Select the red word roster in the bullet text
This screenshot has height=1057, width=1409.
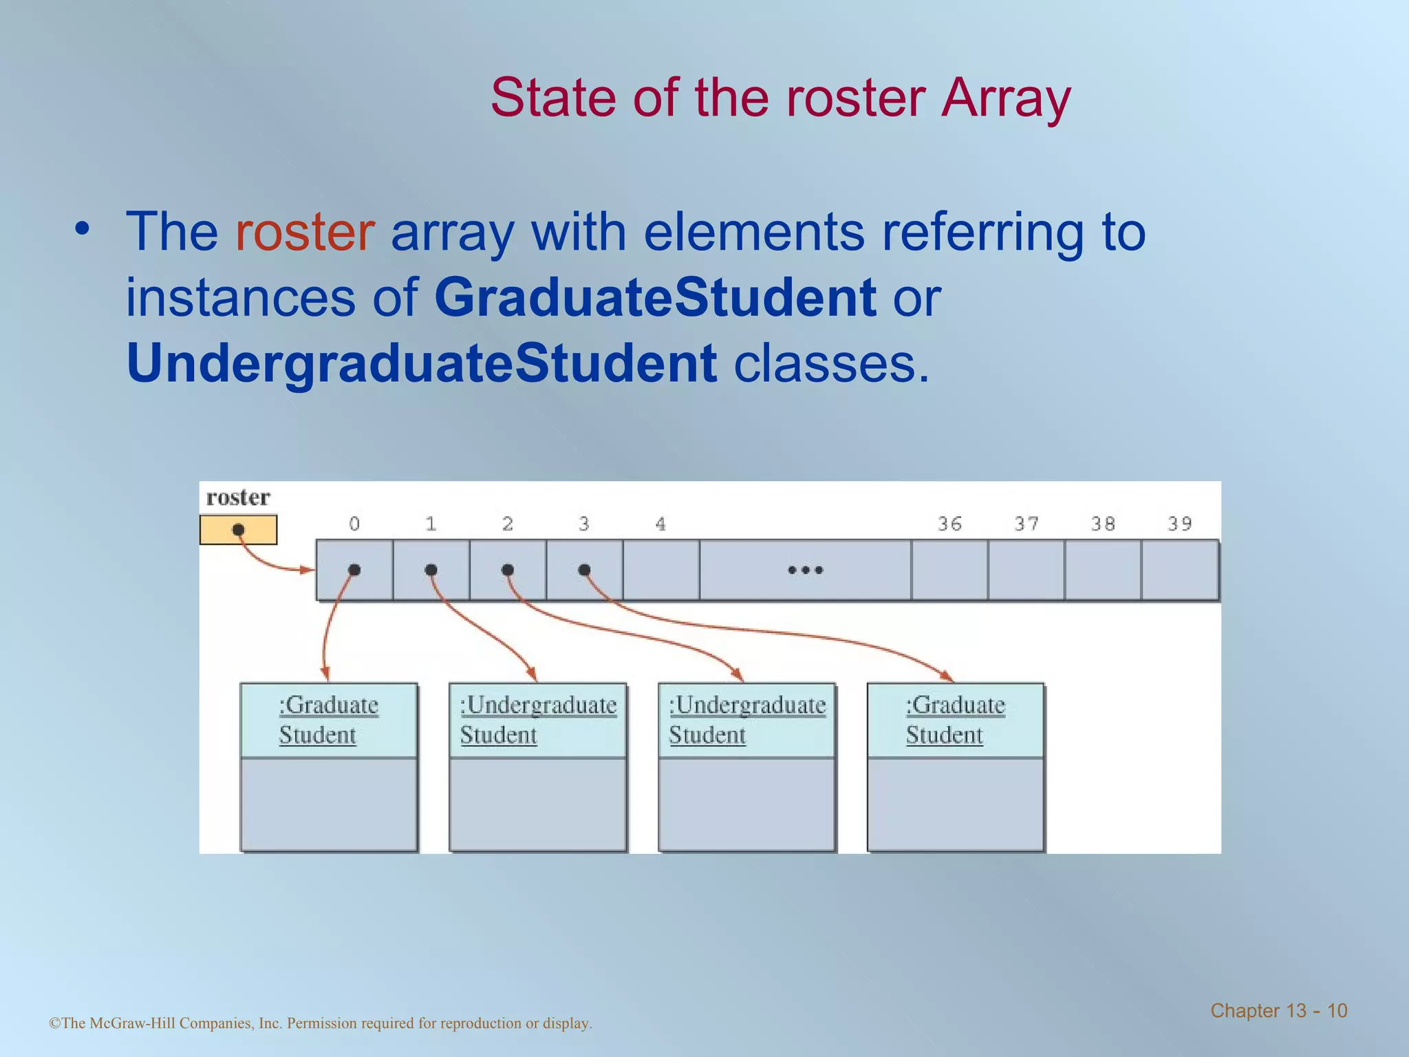305,232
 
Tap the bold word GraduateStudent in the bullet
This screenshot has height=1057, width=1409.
655,298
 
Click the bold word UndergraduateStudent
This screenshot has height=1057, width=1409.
422,364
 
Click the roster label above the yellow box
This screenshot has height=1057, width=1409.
238,498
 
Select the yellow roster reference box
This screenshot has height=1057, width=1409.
238,530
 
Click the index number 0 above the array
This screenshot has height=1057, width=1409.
354,524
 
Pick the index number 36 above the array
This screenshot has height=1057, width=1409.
949,524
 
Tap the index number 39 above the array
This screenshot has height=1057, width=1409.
1179,524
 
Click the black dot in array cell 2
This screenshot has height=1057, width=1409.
508,570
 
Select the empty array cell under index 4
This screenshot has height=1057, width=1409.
661,570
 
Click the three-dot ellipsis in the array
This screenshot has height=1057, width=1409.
805,570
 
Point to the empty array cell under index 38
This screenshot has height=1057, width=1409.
1103,570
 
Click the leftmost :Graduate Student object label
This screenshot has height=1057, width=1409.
328,720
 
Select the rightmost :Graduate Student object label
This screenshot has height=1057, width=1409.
955,720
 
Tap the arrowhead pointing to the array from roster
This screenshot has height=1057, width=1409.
308,570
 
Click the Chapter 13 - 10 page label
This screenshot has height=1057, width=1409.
1278,1010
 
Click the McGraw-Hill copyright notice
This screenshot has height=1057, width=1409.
321,1023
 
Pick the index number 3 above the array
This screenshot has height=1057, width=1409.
584,524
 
